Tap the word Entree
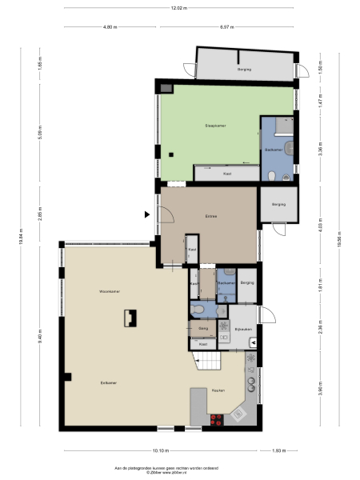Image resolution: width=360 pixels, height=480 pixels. click(x=211, y=215)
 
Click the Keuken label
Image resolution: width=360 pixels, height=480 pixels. click(x=218, y=390)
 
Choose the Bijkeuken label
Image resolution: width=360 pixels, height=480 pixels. click(x=243, y=329)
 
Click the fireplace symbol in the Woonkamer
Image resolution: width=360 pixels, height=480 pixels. click(x=129, y=318)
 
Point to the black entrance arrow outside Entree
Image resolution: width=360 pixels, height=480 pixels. click(x=146, y=214)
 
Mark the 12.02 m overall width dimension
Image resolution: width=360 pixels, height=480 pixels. click(x=179, y=8)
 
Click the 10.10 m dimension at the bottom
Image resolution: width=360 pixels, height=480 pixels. click(x=160, y=450)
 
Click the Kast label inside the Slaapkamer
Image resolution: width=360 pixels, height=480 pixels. click(x=227, y=173)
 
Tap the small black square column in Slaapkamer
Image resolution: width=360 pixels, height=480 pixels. click(x=171, y=154)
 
